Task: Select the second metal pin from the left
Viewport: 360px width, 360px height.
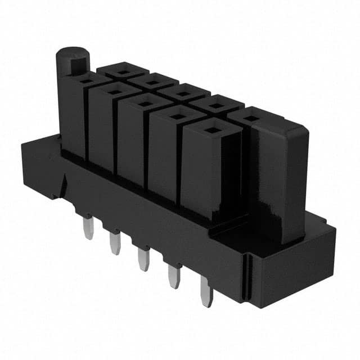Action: [115, 243]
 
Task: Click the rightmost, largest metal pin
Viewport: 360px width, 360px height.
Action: [206, 293]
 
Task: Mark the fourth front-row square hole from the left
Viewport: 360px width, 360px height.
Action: [178, 116]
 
